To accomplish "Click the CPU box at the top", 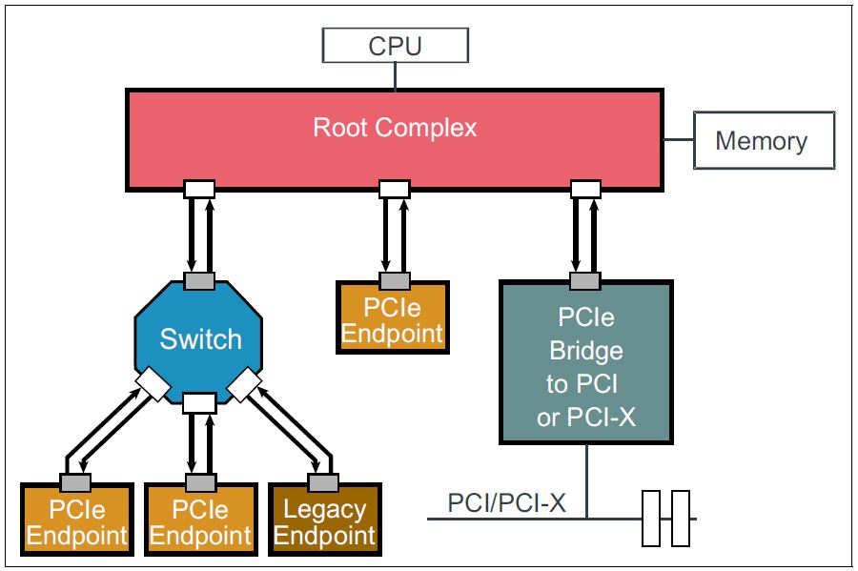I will click(x=395, y=46).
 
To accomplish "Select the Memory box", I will click(x=763, y=141).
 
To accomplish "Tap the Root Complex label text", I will click(x=395, y=128).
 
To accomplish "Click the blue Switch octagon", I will click(x=200, y=339).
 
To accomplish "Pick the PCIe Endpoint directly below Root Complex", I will click(x=392, y=320).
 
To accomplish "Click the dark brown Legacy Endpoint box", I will click(x=324, y=523).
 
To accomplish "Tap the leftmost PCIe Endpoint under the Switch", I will click(x=77, y=523).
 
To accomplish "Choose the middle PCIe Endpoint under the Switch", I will click(x=200, y=523).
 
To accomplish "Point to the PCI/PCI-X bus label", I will click(x=506, y=502).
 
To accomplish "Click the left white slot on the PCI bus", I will click(x=651, y=519).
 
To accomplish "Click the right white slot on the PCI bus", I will click(x=680, y=519).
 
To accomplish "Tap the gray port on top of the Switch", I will click(x=199, y=281).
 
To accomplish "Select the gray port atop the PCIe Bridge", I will click(x=585, y=281).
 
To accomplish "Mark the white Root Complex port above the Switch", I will click(x=199, y=189).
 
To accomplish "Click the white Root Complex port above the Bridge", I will click(x=585, y=189).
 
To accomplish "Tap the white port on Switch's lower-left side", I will click(x=153, y=384).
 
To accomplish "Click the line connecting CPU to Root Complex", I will click(x=395, y=75).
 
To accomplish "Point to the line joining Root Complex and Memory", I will click(x=678, y=141).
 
